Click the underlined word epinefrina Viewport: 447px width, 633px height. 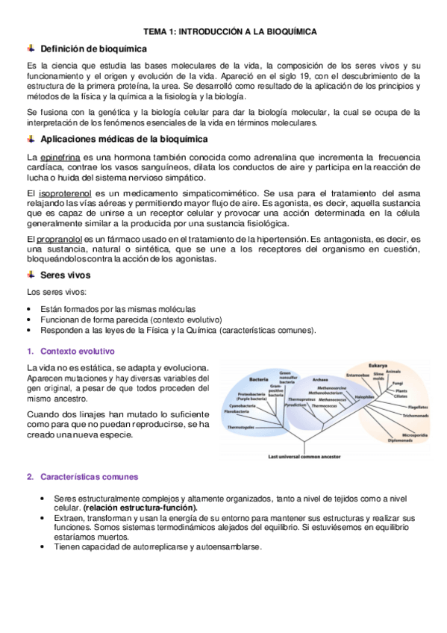(x=60, y=158)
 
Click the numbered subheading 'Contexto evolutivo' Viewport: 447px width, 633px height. (x=77, y=351)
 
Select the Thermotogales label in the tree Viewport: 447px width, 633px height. (x=240, y=427)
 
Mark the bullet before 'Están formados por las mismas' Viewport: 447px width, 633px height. (x=29, y=308)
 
